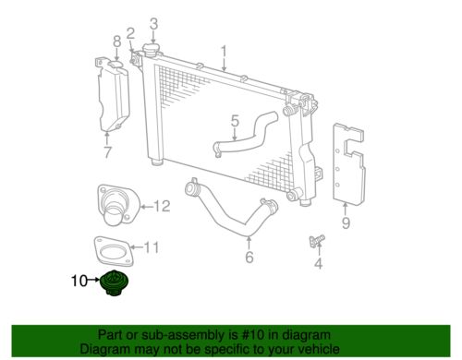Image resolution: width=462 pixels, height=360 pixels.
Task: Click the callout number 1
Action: pos(224,50)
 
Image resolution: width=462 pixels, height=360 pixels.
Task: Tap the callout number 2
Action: pos(131,33)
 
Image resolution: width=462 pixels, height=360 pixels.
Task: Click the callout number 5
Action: pos(235,120)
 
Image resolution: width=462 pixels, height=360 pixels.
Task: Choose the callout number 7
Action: pos(107,152)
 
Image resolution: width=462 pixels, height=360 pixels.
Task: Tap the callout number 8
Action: pos(116,41)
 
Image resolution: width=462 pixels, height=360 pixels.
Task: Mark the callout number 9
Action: pos(345,222)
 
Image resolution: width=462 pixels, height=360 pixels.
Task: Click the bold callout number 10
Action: pos(79,281)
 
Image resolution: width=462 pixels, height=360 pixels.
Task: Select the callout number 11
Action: pos(153,246)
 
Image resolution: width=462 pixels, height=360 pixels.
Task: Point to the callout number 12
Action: pos(162,206)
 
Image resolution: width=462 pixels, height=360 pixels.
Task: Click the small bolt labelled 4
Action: pos(314,242)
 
